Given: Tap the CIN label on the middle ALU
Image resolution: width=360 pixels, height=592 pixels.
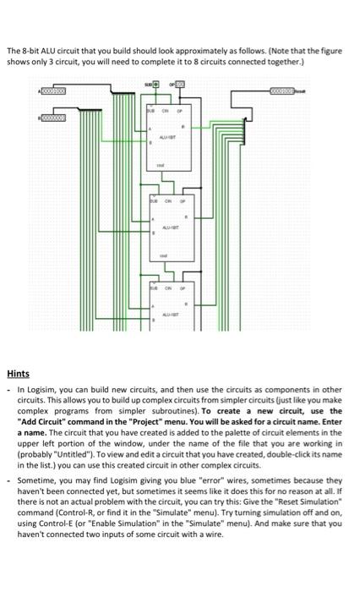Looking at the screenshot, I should pyautogui.click(x=171, y=202).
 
